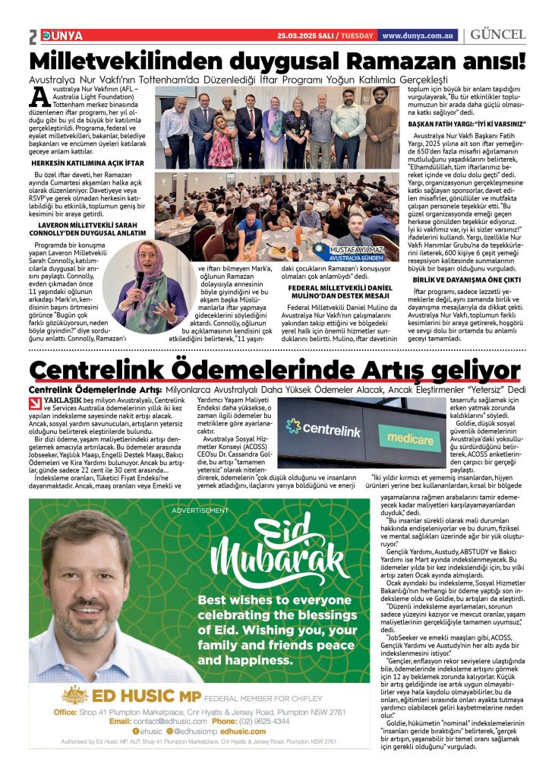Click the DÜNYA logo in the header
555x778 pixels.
pyautogui.click(x=57, y=36)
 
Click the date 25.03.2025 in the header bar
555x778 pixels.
pyautogui.click(x=299, y=36)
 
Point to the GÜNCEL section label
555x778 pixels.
pyautogui.click(x=498, y=35)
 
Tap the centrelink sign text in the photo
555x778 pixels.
pyautogui.click(x=331, y=432)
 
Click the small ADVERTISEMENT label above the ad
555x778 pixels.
pyautogui.click(x=199, y=511)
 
